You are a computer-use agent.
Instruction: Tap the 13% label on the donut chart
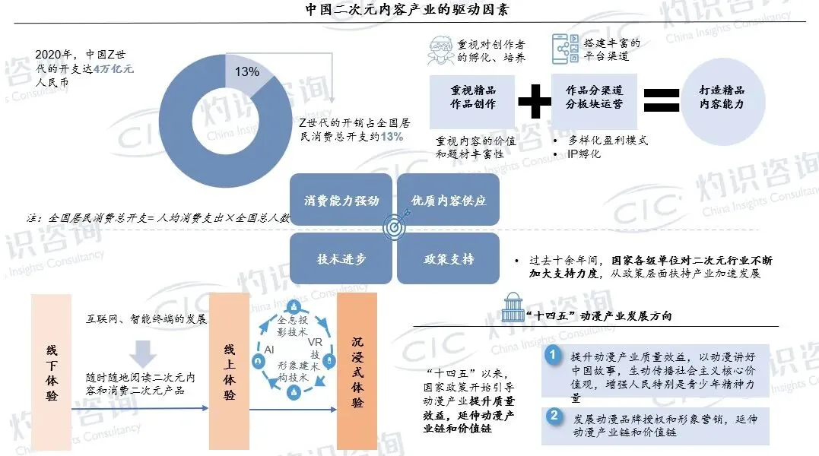tap(247, 72)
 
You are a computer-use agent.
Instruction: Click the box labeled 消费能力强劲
tap(341, 201)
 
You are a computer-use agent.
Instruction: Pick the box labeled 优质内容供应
tap(449, 201)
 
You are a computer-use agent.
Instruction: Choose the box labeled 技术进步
tap(341, 258)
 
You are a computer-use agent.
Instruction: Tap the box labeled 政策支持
tap(449, 258)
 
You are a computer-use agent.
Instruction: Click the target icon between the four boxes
tap(395, 229)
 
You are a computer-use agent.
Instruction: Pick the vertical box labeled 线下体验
tap(51, 370)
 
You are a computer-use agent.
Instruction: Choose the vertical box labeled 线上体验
tap(230, 370)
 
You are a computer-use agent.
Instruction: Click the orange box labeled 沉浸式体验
tap(357, 370)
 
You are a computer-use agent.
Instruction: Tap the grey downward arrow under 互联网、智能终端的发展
tap(143, 352)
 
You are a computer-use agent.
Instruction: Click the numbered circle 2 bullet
tap(555, 416)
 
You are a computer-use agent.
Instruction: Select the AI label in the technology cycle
tap(268, 349)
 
